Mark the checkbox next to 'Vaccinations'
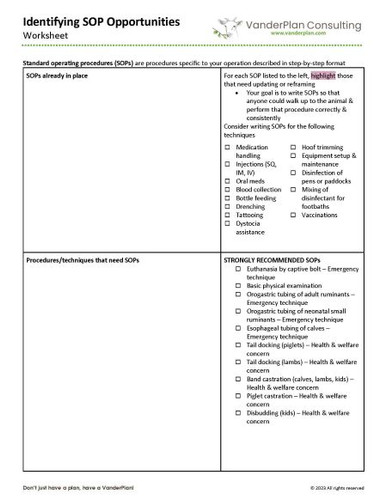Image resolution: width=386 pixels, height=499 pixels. point(294,213)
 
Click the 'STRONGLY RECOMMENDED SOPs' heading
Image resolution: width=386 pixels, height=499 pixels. point(271,258)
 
